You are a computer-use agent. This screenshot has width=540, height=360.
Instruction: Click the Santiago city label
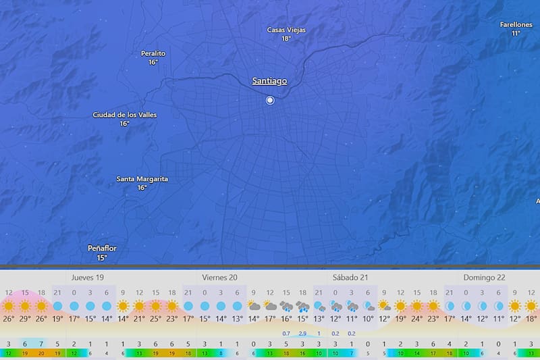pos(269,81)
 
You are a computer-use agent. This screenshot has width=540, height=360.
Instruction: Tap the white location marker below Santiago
pos(270,100)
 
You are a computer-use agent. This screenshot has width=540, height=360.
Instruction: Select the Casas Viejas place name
pos(286,30)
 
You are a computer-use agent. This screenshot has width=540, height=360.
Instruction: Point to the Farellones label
pos(516,24)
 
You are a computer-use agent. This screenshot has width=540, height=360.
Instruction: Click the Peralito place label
pos(153,53)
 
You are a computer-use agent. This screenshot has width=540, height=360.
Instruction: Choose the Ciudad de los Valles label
pos(124,115)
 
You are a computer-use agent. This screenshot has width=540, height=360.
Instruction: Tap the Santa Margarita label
pos(142,179)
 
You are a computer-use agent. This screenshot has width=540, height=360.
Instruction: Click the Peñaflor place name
pos(102,249)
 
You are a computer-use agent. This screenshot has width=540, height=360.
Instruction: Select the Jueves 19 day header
pos(88,278)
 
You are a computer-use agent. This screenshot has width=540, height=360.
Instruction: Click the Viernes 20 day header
pos(219,278)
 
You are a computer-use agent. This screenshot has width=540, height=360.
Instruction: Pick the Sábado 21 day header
pos(350,278)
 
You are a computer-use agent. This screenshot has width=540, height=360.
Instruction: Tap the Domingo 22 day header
pos(484,278)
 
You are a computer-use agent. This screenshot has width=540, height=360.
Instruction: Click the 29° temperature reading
pos(25,319)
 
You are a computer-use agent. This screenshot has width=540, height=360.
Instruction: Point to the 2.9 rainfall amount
pos(302,334)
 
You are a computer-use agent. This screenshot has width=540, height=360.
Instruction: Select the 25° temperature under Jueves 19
pos(155,319)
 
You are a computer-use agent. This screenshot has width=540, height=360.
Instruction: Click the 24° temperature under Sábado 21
pos(416,319)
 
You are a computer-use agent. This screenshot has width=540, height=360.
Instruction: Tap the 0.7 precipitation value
pos(286,334)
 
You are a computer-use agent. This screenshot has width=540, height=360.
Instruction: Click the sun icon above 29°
pos(25,306)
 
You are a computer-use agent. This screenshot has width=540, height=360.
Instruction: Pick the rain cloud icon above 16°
pos(286,306)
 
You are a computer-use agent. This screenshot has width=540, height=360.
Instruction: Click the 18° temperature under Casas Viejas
pos(286,39)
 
